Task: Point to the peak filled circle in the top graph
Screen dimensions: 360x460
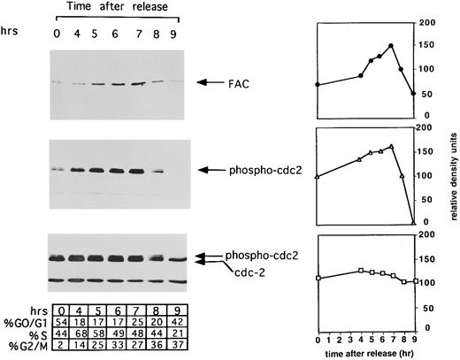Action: point(391,46)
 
